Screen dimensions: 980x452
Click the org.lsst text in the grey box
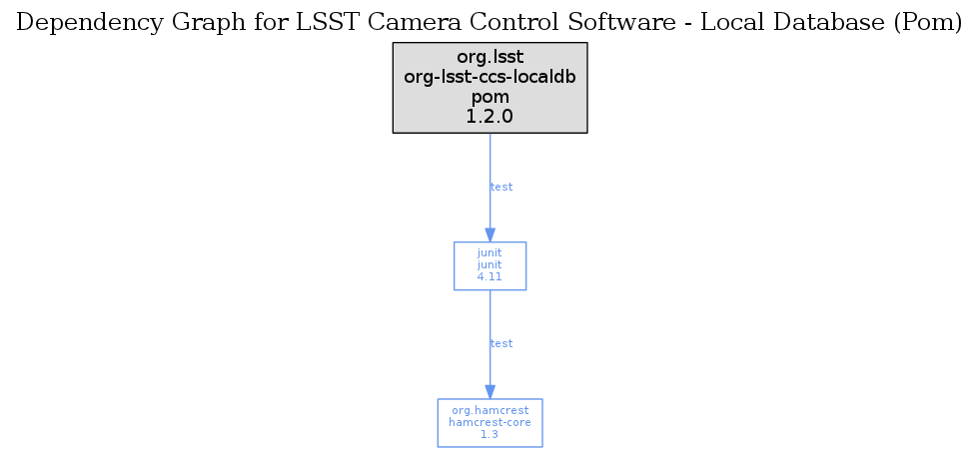(490, 58)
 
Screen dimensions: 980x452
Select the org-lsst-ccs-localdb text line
(490, 78)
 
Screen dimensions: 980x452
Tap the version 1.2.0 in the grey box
(490, 117)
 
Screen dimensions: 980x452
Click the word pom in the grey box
(490, 98)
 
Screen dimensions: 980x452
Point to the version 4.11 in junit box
(490, 277)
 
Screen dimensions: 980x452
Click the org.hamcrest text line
(490, 410)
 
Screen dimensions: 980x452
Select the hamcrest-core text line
(490, 422)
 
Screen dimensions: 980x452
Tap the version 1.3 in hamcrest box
(490, 434)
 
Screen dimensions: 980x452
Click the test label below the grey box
(501, 187)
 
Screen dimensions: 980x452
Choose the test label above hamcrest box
(501, 343)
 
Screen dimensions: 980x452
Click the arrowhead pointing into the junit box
(490, 234)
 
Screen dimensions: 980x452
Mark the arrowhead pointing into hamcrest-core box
(490, 391)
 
